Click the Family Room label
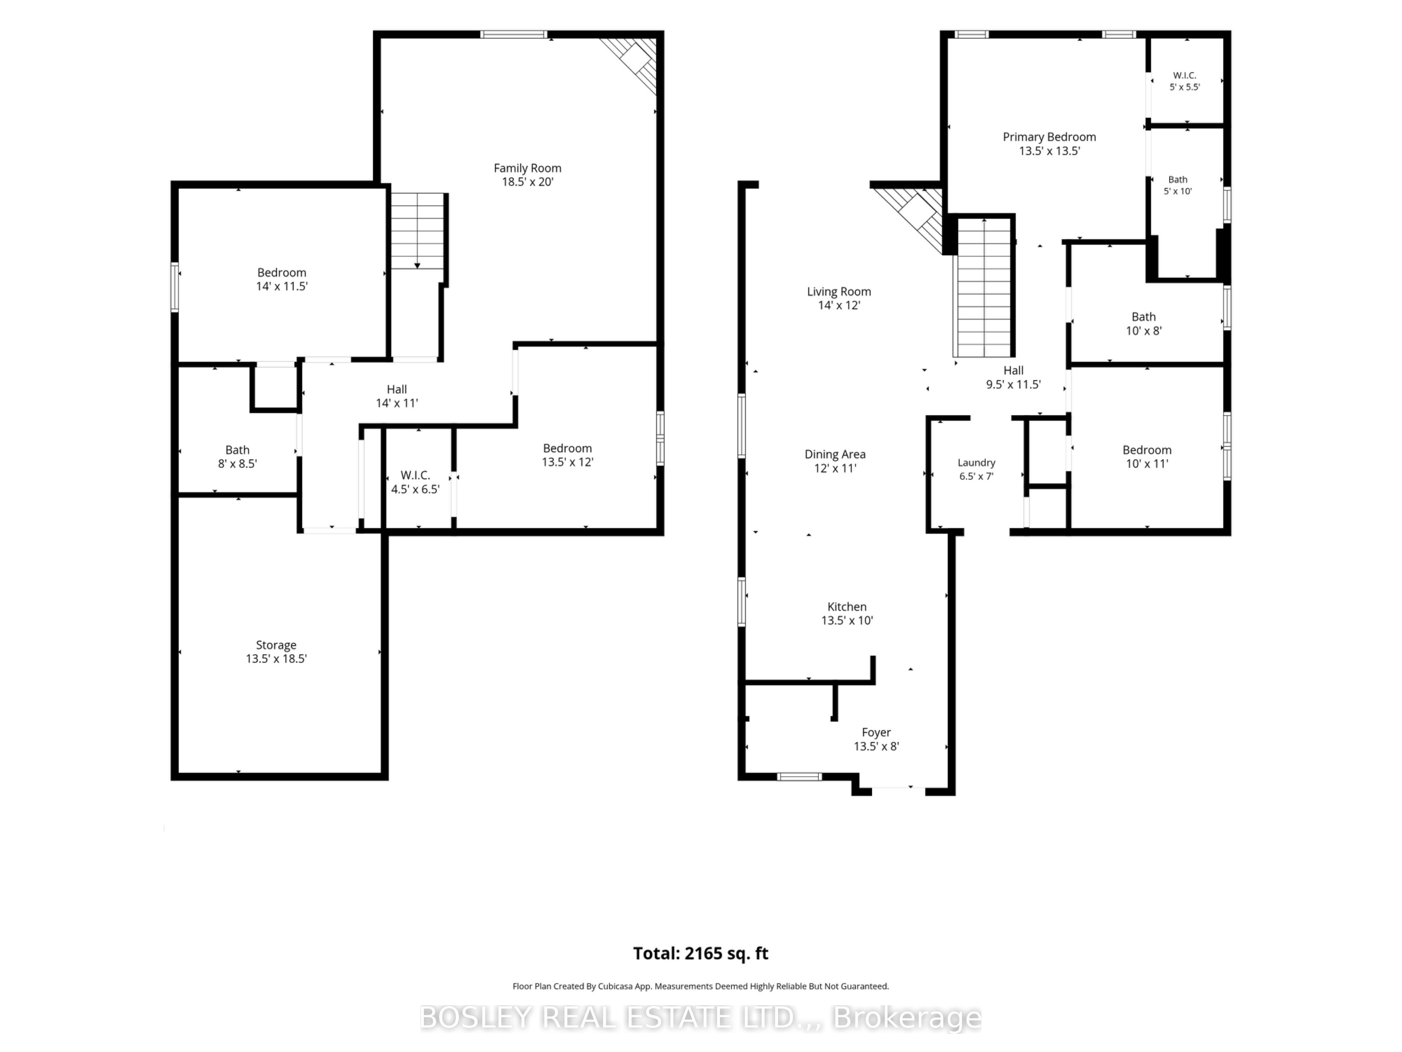click(x=527, y=168)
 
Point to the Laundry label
click(x=976, y=463)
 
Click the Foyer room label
click(x=876, y=732)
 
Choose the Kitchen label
click(x=847, y=607)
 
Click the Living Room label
click(x=839, y=292)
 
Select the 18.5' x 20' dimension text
click(x=527, y=182)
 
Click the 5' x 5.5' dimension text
click(x=1185, y=87)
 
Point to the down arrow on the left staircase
click(x=417, y=265)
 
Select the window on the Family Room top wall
click(x=513, y=34)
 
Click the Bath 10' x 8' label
click(x=1144, y=323)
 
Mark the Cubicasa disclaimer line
click(x=700, y=986)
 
